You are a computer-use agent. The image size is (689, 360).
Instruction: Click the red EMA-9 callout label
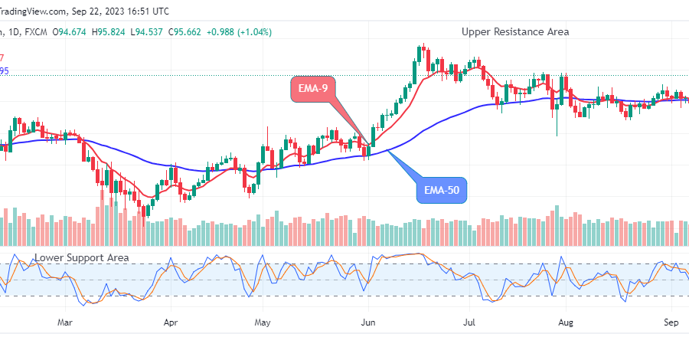[312, 89]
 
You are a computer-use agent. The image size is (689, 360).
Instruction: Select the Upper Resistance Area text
[515, 31]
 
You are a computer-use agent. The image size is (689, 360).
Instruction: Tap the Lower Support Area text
[82, 258]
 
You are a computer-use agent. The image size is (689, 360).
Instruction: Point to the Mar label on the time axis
[66, 322]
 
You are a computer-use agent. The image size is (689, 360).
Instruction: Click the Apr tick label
[171, 322]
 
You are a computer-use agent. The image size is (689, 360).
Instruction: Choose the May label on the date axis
[263, 322]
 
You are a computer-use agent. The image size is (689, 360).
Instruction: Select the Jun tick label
[368, 322]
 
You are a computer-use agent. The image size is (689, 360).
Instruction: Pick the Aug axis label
[566, 322]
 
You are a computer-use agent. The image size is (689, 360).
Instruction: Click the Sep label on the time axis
[671, 322]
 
